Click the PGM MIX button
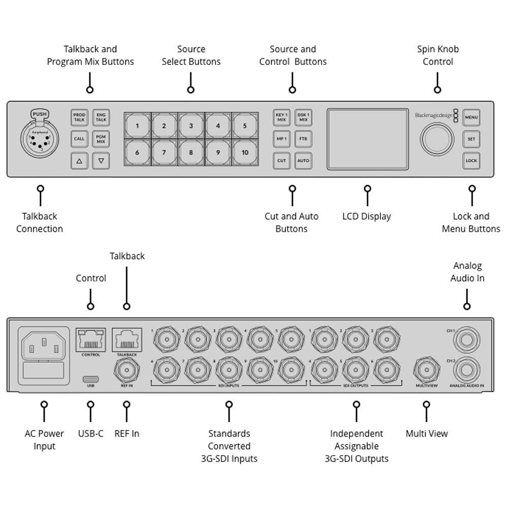(101, 139)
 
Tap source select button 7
(164, 152)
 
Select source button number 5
(245, 125)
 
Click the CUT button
(281, 161)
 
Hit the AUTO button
(303, 161)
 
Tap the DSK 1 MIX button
(303, 117)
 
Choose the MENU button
(471, 117)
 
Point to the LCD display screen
(367, 139)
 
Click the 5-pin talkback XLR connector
(40, 139)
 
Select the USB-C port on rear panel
(90, 379)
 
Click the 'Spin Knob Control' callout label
(437, 55)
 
